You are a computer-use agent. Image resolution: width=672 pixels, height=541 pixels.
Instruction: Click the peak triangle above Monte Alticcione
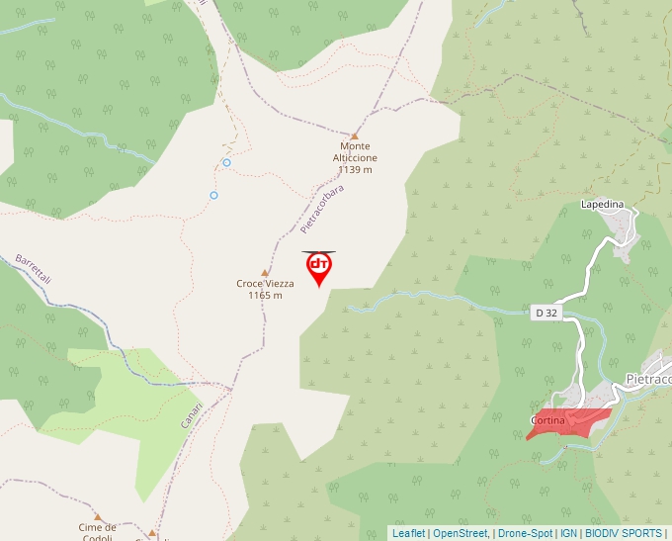coord(355,135)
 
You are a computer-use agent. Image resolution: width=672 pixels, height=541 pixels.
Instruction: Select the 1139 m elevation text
coord(354,169)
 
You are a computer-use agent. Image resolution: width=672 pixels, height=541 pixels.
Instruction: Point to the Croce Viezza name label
coord(265,284)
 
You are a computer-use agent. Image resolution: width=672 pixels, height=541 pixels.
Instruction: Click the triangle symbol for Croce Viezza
coord(265,272)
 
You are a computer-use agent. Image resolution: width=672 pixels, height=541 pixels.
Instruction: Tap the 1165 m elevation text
coord(265,295)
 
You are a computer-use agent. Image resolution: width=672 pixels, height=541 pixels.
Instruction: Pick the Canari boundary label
coord(192,413)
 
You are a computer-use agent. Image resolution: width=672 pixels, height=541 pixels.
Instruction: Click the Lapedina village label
coord(603,204)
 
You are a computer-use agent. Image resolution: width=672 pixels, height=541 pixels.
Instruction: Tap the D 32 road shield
coord(546,313)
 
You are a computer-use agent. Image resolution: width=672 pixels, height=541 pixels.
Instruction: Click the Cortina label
coord(547,421)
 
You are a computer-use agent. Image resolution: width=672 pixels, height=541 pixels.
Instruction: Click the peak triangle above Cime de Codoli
coord(98,516)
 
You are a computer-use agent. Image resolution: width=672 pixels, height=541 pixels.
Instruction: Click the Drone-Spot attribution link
coord(525,533)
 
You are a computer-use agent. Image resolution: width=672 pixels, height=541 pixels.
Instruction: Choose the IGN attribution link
coord(569,533)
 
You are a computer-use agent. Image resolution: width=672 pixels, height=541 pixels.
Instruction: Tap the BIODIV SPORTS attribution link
coord(624,533)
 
